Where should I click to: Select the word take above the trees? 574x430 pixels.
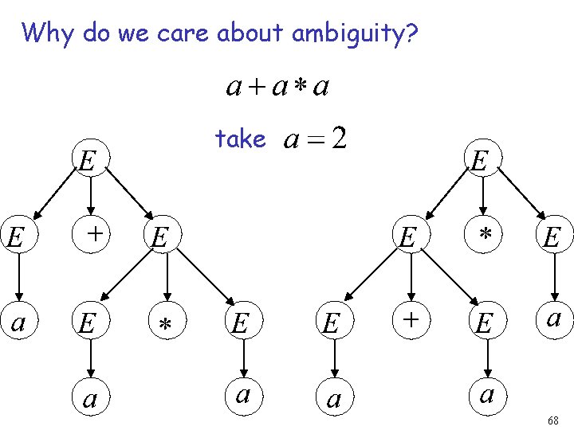[240, 139]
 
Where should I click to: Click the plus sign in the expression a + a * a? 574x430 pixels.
[257, 87]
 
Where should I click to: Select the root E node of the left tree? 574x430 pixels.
[89, 161]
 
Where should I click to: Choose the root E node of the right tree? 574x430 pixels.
[480, 161]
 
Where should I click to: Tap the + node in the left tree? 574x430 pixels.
[92, 234]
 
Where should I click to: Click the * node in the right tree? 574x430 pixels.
[483, 235]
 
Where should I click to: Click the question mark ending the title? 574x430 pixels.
[411, 33]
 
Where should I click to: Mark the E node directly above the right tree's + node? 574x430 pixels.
[408, 236]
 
